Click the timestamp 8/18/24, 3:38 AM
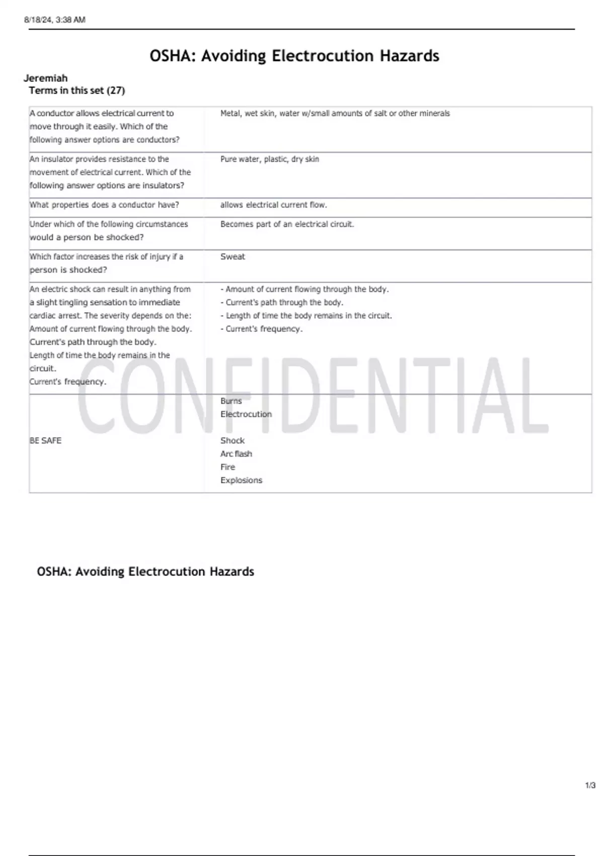pyautogui.click(x=55, y=20)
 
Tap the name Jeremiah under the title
pyautogui.click(x=45, y=78)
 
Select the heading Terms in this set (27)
pyautogui.click(x=77, y=91)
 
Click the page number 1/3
pyautogui.click(x=590, y=786)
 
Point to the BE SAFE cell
pyautogui.click(x=45, y=441)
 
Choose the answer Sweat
pyautogui.click(x=233, y=257)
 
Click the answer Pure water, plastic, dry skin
pyautogui.click(x=269, y=159)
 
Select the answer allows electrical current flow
pyautogui.click(x=273, y=205)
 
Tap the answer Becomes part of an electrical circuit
pyautogui.click(x=287, y=224)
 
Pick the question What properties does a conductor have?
pyautogui.click(x=104, y=205)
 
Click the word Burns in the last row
pyautogui.click(x=231, y=401)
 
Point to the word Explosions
pyautogui.click(x=241, y=480)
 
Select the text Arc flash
pyautogui.click(x=236, y=454)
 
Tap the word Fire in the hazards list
pyautogui.click(x=228, y=467)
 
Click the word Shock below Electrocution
pyautogui.click(x=232, y=441)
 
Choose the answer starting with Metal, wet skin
pyautogui.click(x=335, y=114)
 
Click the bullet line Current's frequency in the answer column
pyautogui.click(x=261, y=329)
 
